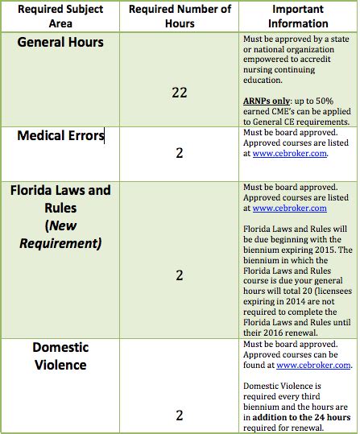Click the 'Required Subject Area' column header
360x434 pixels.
tap(60, 16)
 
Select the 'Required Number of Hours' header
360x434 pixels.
tap(179, 16)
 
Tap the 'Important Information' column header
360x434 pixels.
tap(297, 16)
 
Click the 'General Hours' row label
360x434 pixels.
tap(60, 42)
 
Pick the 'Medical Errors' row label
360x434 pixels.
tap(60, 136)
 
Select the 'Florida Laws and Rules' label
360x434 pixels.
tap(60, 199)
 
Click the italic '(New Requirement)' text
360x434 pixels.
tap(60, 235)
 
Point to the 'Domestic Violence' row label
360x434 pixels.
tap(60, 356)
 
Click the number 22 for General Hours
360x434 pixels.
tap(179, 93)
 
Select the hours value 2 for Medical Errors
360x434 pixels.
tap(179, 152)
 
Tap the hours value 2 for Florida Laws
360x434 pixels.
tap(179, 275)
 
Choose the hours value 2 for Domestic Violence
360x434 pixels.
tap(179, 415)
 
